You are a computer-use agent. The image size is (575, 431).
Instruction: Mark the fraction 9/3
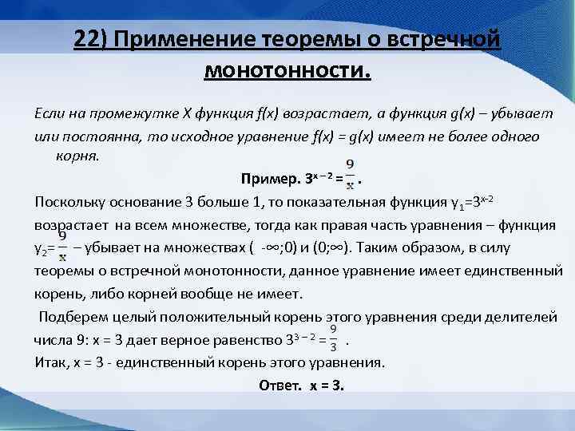[x=334, y=338]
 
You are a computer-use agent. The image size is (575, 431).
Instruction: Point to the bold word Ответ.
[x=279, y=385]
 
